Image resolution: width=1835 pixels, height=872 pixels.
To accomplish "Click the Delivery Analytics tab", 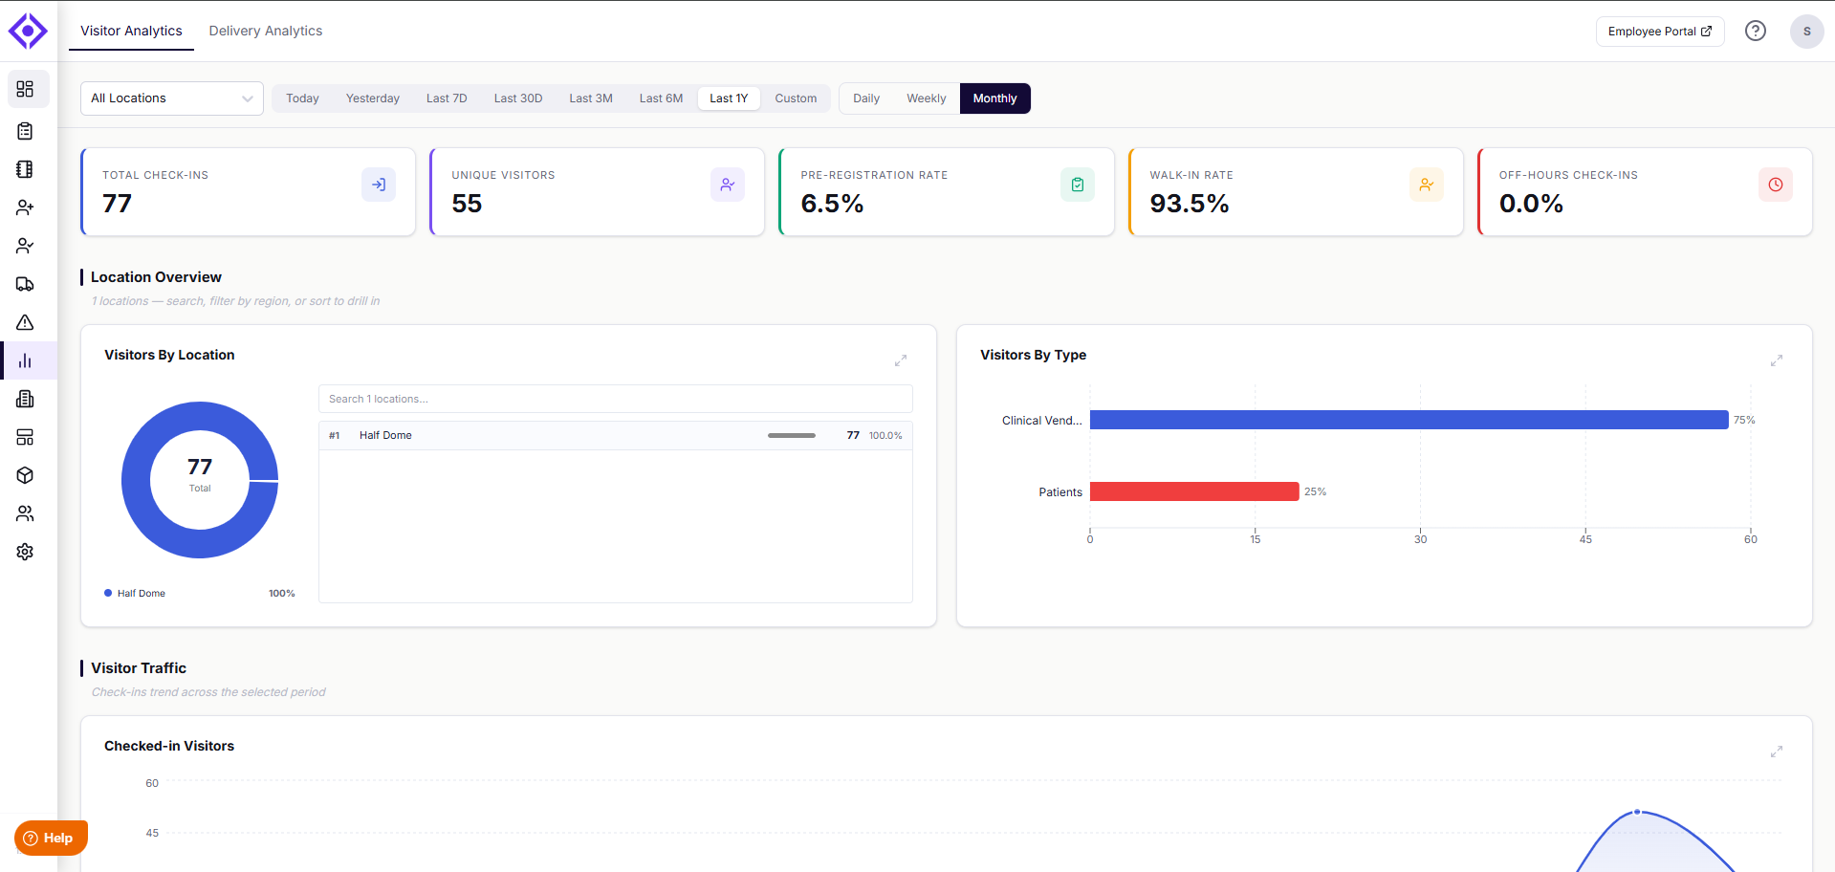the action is click(266, 31).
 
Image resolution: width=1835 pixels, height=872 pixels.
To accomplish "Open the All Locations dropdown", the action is click(172, 98).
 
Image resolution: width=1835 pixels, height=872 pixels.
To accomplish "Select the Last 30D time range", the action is click(518, 98).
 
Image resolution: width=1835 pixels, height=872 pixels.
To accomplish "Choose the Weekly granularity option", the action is click(926, 98).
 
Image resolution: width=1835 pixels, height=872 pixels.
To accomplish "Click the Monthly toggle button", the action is click(994, 98).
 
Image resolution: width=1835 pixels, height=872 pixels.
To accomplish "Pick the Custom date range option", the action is click(796, 98).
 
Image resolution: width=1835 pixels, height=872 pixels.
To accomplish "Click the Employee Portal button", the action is click(1660, 32).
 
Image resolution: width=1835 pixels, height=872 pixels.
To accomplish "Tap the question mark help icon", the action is click(1756, 31).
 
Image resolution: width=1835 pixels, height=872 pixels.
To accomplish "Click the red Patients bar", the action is click(1194, 491).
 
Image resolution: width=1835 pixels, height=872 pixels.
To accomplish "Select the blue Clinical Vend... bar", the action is click(1409, 420).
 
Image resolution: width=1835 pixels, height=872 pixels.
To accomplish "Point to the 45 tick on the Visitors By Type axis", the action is click(1585, 539).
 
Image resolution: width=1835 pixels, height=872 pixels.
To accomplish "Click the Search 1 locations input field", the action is click(616, 399).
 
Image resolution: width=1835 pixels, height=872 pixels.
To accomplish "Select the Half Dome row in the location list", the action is click(616, 435).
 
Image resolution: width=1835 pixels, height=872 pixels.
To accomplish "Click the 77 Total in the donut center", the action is click(200, 473).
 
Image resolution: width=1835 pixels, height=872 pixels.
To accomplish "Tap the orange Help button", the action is click(51, 839).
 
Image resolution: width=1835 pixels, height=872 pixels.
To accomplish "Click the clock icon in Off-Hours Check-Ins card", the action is click(1776, 185).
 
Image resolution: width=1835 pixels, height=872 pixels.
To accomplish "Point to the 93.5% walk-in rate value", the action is click(1190, 204).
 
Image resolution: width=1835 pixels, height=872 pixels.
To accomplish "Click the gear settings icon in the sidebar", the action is click(25, 552).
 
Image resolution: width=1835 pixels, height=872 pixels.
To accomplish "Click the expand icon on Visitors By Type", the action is click(1777, 360).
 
